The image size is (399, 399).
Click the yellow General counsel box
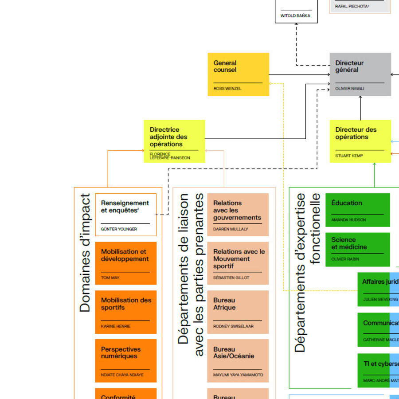click(238, 74)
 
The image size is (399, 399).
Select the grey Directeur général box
click(360, 74)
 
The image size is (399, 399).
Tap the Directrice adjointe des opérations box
click(174, 141)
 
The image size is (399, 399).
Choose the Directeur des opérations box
click(360, 141)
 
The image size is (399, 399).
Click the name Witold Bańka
click(295, 16)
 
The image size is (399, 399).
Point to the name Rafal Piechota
click(352, 6)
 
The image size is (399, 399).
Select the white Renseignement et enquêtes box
click(125, 215)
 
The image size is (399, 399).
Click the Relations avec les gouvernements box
click(238, 214)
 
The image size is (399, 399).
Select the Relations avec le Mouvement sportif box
click(238, 263)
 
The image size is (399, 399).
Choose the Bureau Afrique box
click(238, 312)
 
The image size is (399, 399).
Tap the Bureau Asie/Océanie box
click(238, 360)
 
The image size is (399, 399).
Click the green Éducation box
click(357, 210)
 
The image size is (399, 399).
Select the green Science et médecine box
click(357, 249)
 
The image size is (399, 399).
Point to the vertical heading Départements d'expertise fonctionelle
click(307, 273)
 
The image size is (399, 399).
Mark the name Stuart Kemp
click(349, 156)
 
